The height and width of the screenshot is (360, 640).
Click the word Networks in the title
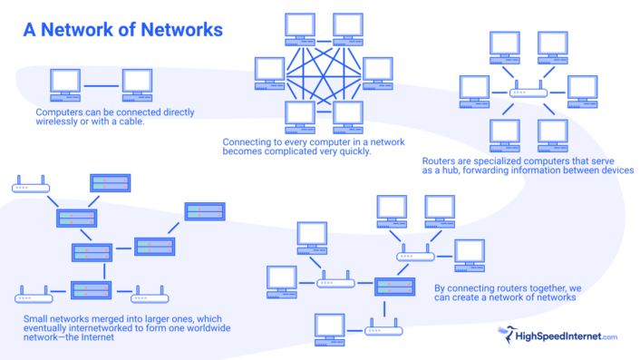point(181,30)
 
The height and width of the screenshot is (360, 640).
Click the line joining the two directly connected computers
point(102,86)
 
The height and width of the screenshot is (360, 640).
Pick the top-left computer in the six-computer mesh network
point(299,28)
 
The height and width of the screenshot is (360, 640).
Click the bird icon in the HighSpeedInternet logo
point(506,336)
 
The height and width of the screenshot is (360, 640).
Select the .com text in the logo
point(607,337)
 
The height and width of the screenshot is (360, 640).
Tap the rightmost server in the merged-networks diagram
point(205,211)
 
